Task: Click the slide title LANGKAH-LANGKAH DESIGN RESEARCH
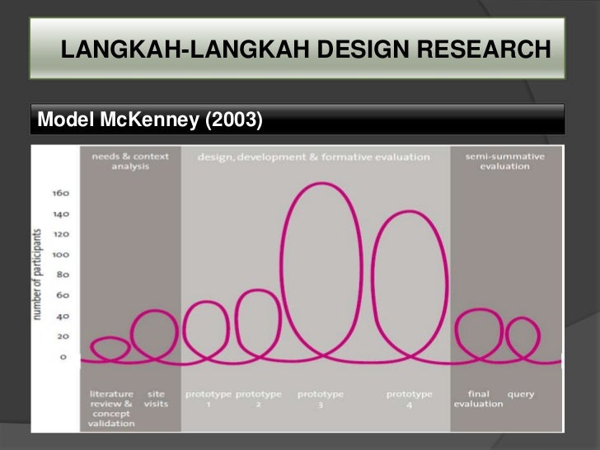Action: (305, 51)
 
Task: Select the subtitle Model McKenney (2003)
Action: (150, 120)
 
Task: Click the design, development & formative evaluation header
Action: (314, 157)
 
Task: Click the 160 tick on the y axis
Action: (63, 194)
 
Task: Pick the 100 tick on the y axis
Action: (63, 255)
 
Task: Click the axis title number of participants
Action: (40, 275)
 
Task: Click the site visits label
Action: (156, 399)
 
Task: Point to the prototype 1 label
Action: (209, 399)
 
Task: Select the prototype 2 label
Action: (259, 399)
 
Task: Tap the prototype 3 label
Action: (321, 399)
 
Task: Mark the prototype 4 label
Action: (410, 399)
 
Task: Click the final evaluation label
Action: (478, 399)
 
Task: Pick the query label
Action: (520, 394)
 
